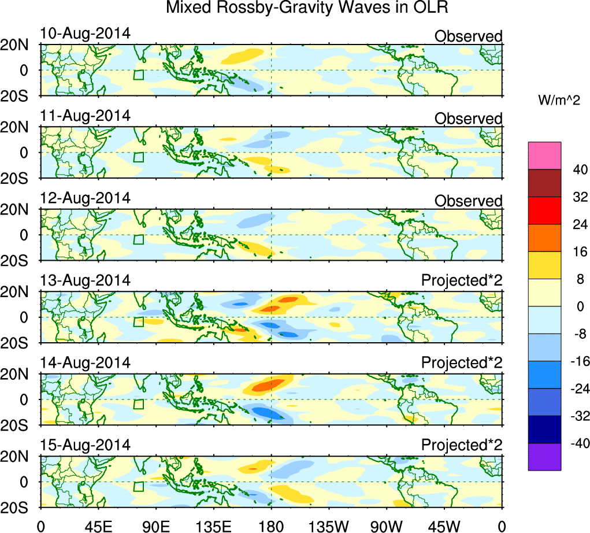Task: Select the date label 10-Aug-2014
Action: tap(86, 34)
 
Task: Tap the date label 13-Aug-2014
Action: tap(86, 280)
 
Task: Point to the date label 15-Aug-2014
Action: tap(86, 445)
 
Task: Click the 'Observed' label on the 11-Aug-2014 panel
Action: tap(468, 119)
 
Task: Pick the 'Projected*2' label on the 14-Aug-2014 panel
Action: tap(462, 363)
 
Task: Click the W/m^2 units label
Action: tap(559, 101)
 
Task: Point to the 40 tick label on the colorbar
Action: tap(576, 170)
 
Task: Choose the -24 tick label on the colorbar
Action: tap(576, 389)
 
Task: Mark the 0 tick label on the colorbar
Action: tap(576, 306)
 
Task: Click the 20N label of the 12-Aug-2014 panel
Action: tap(19, 210)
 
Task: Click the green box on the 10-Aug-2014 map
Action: tap(138, 75)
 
